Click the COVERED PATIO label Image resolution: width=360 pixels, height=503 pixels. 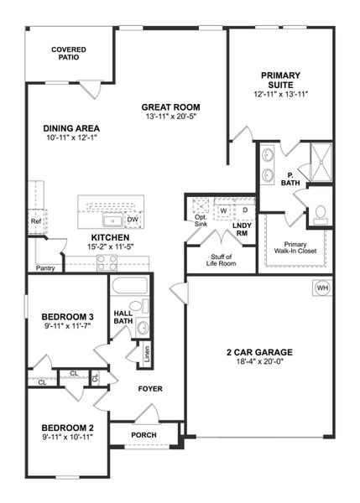pyautogui.click(x=69, y=54)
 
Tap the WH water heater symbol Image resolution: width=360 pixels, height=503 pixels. pyautogui.click(x=322, y=288)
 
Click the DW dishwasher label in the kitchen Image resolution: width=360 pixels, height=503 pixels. pyautogui.click(x=132, y=220)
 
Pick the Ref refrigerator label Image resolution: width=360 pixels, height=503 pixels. pyautogui.click(x=36, y=222)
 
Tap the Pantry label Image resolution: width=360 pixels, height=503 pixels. pyautogui.click(x=45, y=268)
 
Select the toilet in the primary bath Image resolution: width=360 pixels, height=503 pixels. pyautogui.click(x=320, y=214)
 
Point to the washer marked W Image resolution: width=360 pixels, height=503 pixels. pyautogui.click(x=224, y=210)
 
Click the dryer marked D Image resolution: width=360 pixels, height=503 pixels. pyautogui.click(x=245, y=210)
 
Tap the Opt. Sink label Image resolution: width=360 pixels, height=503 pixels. pyautogui.click(x=201, y=220)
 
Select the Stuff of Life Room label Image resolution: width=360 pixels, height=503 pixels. pyautogui.click(x=222, y=260)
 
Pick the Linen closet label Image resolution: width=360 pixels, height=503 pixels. pyautogui.click(x=148, y=353)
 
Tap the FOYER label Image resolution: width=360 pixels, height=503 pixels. pyautogui.click(x=150, y=389)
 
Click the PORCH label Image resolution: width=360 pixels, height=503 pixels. pyautogui.click(x=143, y=434)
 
